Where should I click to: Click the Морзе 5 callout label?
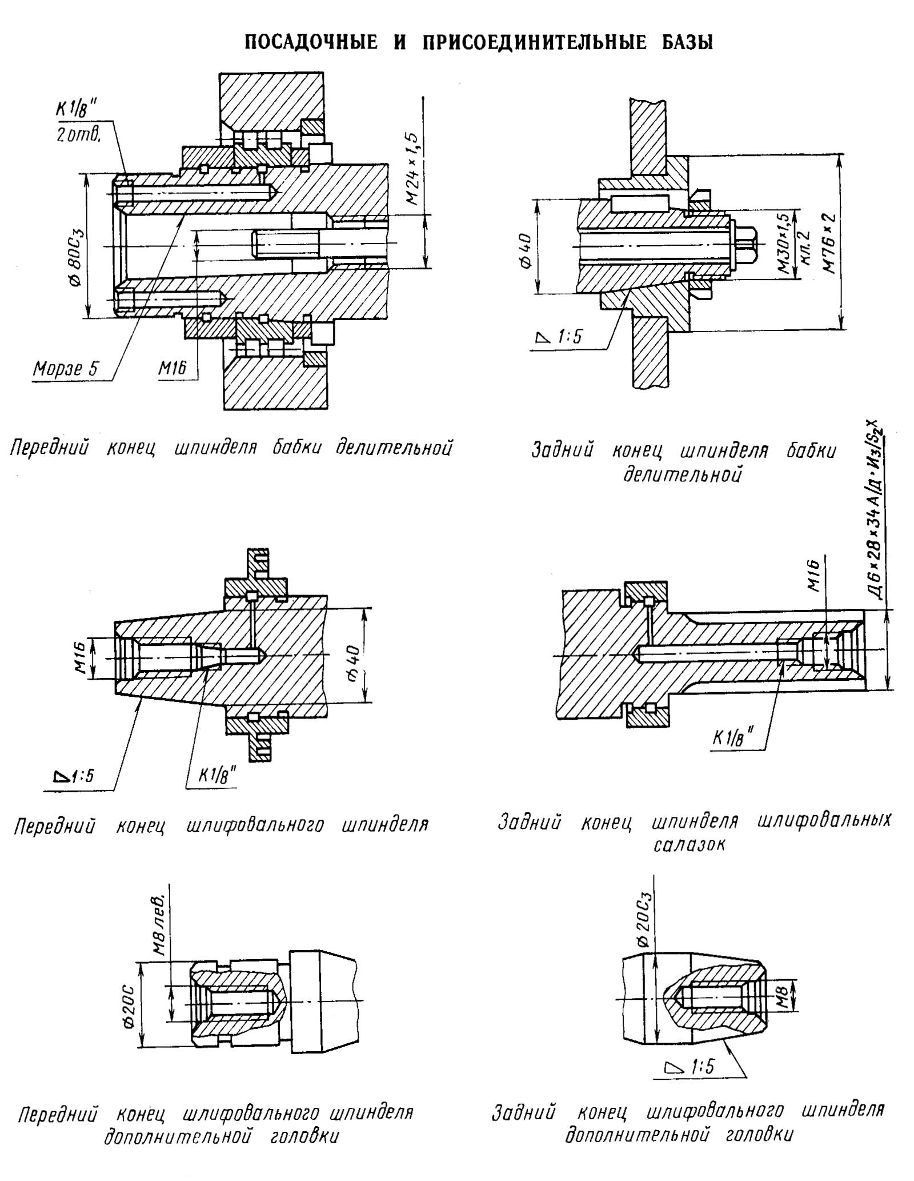point(65,368)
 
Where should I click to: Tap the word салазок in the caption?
point(689,845)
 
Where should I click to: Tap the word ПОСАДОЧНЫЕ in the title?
point(311,43)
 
